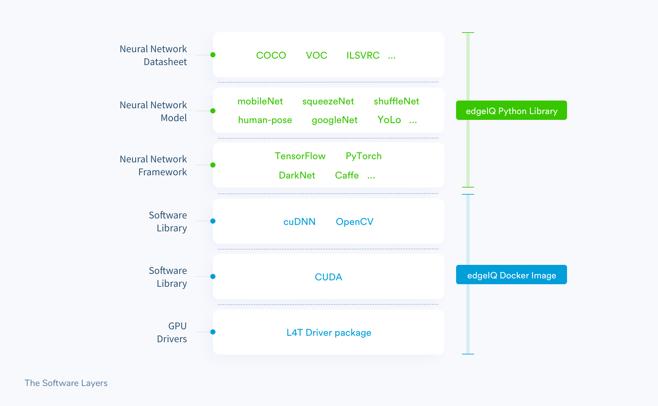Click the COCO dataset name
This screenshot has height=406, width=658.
(271, 55)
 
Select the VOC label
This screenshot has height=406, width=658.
(316, 55)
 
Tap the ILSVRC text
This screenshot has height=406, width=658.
(363, 55)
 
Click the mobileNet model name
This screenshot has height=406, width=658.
(260, 101)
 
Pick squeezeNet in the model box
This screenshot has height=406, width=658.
(328, 101)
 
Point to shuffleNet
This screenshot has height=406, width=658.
(396, 101)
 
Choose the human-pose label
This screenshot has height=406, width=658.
(265, 120)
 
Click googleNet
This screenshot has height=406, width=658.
(334, 120)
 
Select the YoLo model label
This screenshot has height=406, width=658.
(389, 120)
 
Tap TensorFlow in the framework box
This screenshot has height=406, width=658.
(300, 156)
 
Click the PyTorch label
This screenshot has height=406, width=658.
(364, 156)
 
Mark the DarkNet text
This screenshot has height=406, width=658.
(297, 175)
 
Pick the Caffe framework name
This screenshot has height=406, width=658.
(347, 175)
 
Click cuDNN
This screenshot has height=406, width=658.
(299, 222)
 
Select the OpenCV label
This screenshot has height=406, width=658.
(354, 222)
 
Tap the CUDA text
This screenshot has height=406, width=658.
(328, 277)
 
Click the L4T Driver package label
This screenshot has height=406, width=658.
(329, 333)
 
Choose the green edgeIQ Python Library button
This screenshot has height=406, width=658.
(511, 111)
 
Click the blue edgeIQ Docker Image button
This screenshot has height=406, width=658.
(511, 275)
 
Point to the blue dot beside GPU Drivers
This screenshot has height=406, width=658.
(213, 332)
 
